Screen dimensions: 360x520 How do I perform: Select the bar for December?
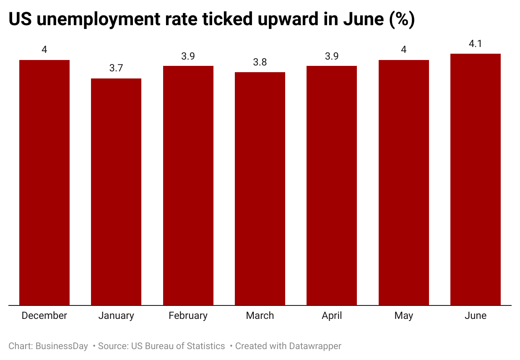[x=44, y=183]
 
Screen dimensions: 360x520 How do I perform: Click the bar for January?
[x=116, y=192]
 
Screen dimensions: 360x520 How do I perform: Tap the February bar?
[x=188, y=185]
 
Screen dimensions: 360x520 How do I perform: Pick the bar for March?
[x=260, y=189]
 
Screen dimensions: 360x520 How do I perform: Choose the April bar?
[x=332, y=185]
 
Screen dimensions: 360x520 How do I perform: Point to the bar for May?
[x=404, y=183]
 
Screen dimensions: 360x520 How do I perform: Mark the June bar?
[x=476, y=180]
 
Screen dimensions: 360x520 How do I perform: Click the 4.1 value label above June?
[x=476, y=43]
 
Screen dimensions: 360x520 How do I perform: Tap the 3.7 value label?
[x=116, y=68]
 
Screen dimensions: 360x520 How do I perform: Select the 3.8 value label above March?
[x=260, y=62]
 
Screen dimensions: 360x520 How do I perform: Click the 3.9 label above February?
[x=188, y=56]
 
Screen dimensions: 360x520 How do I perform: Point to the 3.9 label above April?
[x=332, y=56]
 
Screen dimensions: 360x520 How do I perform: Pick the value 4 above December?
[x=44, y=50]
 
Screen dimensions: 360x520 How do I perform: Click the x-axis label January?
[x=116, y=316]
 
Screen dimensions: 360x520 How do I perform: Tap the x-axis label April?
[x=332, y=316]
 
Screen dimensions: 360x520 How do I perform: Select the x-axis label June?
[x=476, y=316]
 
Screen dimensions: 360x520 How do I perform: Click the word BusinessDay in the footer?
[x=62, y=346]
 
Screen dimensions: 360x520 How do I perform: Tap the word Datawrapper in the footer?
[x=315, y=346]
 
